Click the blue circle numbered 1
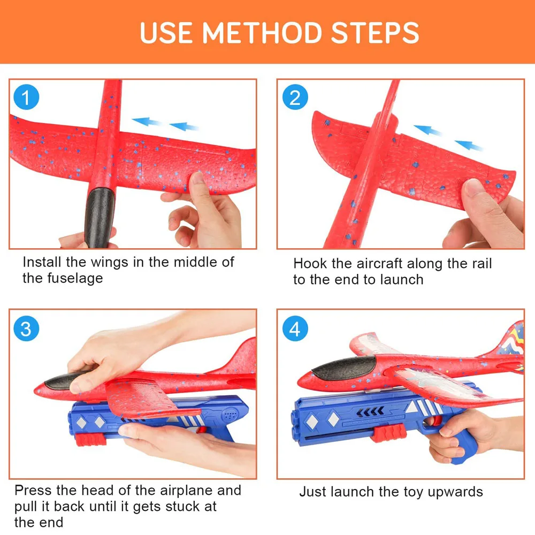(26, 97)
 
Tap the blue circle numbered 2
(295, 97)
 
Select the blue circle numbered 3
(26, 328)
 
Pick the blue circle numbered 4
(295, 328)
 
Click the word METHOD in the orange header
(262, 33)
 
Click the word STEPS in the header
(375, 33)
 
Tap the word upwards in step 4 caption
(455, 492)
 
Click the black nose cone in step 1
(99, 217)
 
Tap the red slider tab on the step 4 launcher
(389, 433)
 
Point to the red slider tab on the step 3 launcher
(91, 439)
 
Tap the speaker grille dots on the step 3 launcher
(231, 415)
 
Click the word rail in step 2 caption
(482, 263)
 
